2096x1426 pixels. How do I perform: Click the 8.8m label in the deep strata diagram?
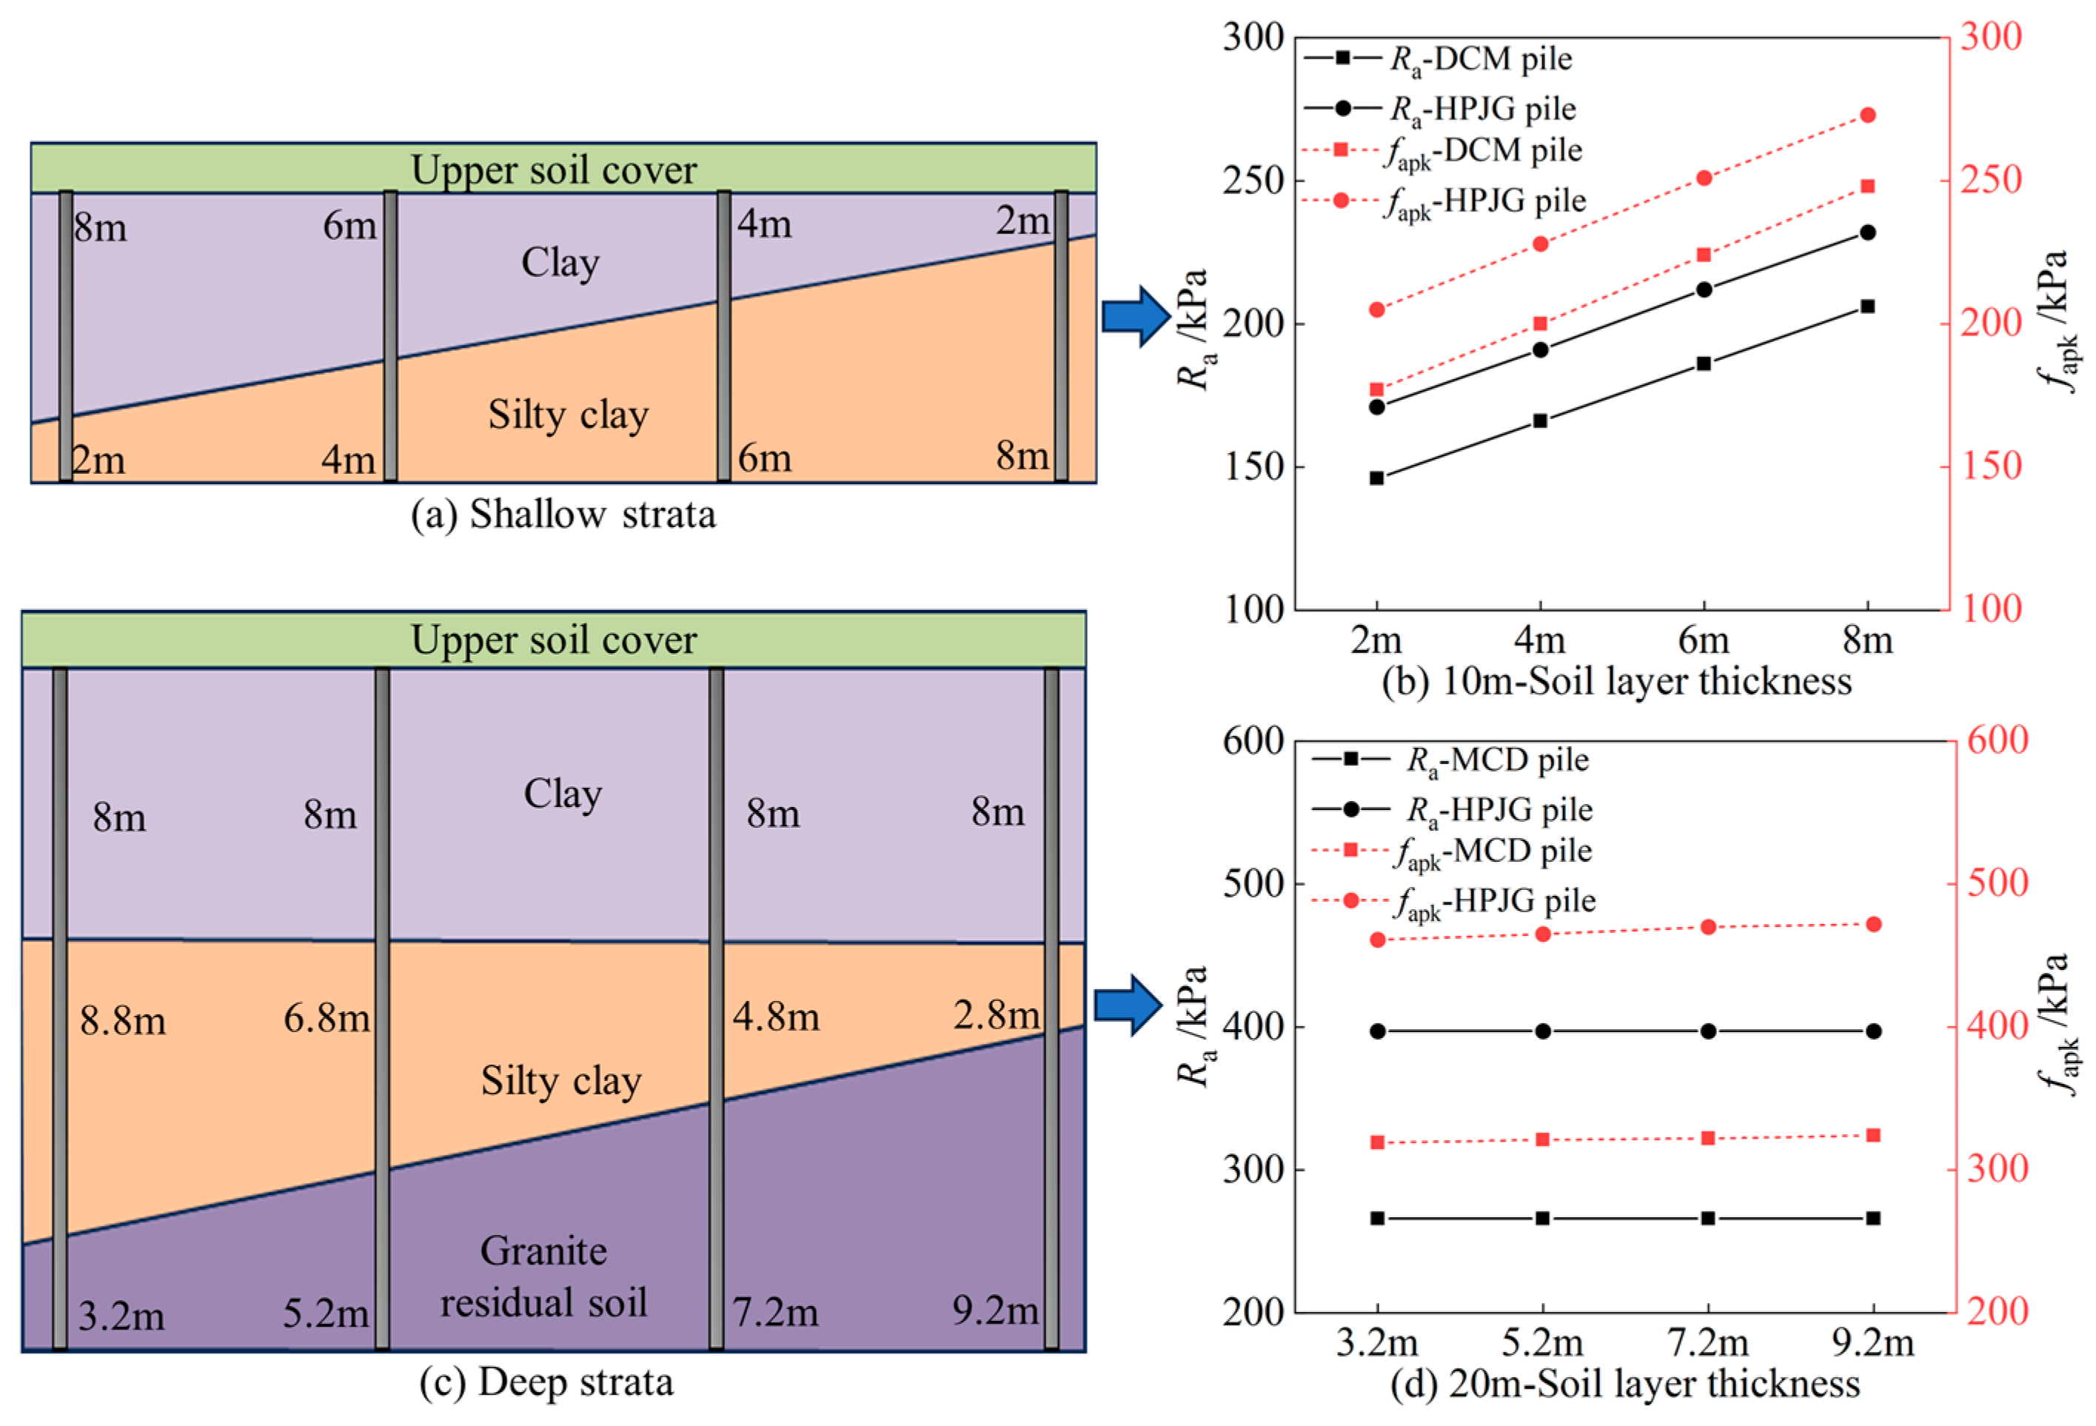point(123,1021)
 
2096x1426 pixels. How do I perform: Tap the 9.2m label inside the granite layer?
point(996,1310)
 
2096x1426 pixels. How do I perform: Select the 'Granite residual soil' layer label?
point(544,1276)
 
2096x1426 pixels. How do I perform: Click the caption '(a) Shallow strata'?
point(563,514)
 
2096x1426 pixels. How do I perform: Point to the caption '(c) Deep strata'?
point(546,1382)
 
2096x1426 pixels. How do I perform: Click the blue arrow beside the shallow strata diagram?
point(1136,315)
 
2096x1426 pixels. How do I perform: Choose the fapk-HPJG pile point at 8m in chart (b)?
point(1868,115)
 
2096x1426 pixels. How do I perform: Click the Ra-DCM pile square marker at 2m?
point(1376,478)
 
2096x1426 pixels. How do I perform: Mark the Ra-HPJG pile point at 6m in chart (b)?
point(1704,289)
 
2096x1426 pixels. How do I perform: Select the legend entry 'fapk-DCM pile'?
point(1483,150)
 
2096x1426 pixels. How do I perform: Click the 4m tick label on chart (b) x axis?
point(1539,640)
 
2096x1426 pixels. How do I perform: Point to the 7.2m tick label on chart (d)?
point(1707,1343)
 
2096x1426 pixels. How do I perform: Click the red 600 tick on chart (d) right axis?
point(1997,740)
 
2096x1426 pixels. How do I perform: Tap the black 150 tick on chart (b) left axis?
point(1253,467)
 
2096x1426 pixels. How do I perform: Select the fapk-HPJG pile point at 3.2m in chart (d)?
point(1377,940)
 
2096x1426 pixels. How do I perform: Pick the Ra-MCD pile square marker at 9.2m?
point(1873,1218)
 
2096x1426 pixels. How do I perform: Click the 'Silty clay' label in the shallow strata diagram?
point(568,415)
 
